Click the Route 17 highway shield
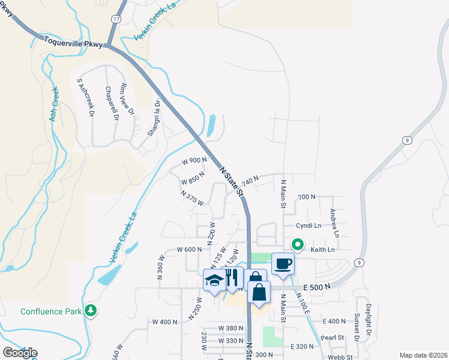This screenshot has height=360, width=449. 116,19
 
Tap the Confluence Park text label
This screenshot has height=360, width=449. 50,311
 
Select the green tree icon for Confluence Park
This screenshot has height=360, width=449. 91,310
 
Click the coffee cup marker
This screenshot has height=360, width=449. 283,263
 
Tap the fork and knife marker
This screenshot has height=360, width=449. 233,277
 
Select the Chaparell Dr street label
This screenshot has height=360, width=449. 112,103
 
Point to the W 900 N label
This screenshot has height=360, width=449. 194,161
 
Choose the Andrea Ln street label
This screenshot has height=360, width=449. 335,222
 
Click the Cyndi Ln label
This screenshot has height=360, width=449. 309,226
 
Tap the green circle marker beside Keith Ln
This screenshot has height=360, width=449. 297,245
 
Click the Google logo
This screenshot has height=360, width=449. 20,353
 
